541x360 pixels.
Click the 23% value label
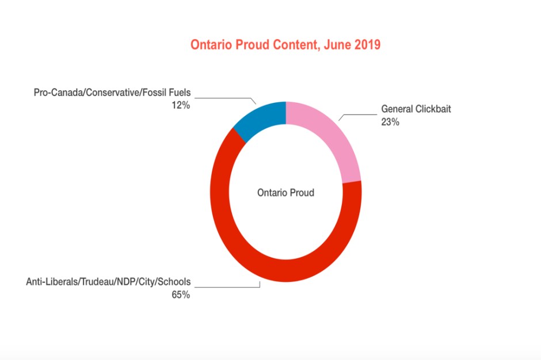(390, 121)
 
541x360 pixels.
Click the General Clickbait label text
(416, 109)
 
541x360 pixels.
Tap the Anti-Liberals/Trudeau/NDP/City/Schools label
(108, 282)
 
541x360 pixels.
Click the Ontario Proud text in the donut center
(285, 193)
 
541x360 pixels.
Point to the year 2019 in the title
(367, 45)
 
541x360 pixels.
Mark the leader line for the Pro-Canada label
(224, 98)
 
